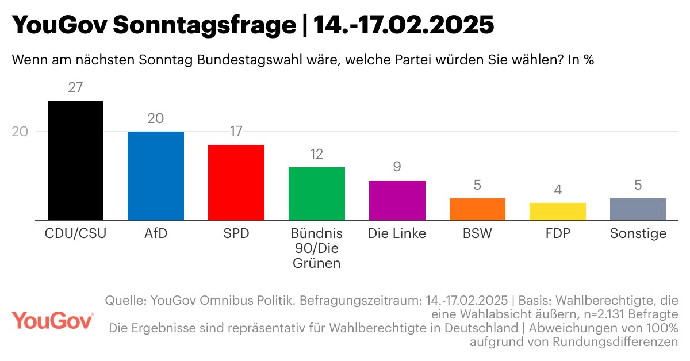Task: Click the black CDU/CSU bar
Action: pyautogui.click(x=75, y=160)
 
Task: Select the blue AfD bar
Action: pyautogui.click(x=155, y=176)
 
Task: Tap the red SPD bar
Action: pyautogui.click(x=236, y=182)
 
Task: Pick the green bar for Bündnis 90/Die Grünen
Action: pyautogui.click(x=316, y=194)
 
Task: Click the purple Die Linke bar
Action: pyautogui.click(x=397, y=200)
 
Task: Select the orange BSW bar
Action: pyautogui.click(x=477, y=209)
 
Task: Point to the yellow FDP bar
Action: pyautogui.click(x=557, y=212)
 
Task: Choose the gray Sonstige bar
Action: pyautogui.click(x=638, y=209)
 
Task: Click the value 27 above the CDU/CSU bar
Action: pyautogui.click(x=75, y=88)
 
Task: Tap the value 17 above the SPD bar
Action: pyautogui.click(x=236, y=132)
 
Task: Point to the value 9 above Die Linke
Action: pyautogui.click(x=397, y=167)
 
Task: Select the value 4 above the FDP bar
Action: pyautogui.click(x=557, y=190)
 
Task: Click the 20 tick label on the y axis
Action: pyautogui.click(x=20, y=132)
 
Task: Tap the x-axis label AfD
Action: pyautogui.click(x=155, y=234)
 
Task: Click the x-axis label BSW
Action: pyautogui.click(x=477, y=234)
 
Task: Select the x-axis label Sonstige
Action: pyautogui.click(x=638, y=234)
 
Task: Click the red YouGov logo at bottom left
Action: pyautogui.click(x=52, y=320)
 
